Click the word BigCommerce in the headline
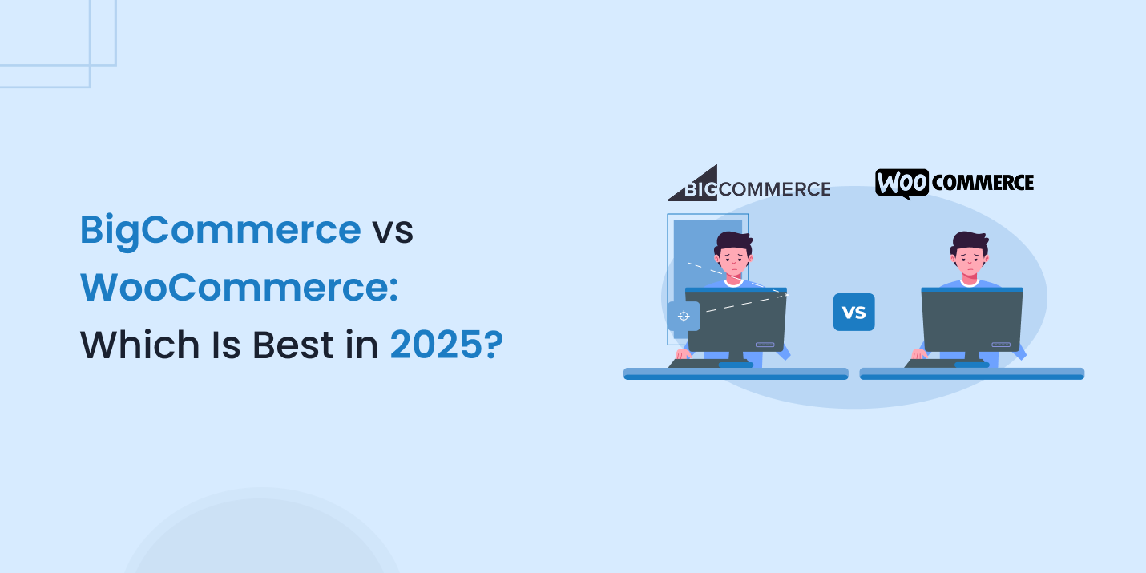[220, 231]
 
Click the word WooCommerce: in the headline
[239, 288]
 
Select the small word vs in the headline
[392, 231]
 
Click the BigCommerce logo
[749, 184]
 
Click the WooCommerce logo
[954, 184]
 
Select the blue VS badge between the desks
[853, 313]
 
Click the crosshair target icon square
[684, 316]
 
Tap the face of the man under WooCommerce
[970, 260]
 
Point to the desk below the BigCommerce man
[736, 373]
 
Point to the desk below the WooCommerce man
[971, 373]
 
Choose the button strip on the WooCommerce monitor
[1001, 345]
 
